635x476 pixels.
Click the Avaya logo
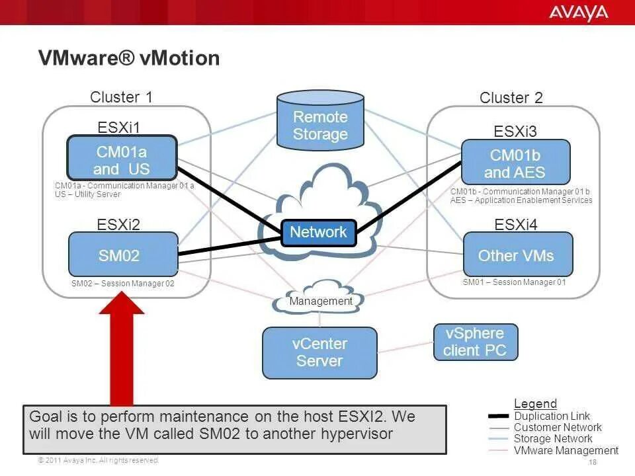[x=577, y=12]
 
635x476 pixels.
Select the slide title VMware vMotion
[x=129, y=58]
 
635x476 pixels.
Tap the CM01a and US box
[x=122, y=159]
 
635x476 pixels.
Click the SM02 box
[x=124, y=255]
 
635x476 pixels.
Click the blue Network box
[x=318, y=232]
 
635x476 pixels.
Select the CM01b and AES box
[x=515, y=163]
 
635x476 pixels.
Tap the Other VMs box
[x=516, y=255]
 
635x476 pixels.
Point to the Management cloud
[x=321, y=301]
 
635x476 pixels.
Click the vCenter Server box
[x=319, y=352]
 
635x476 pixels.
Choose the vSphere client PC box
[x=475, y=342]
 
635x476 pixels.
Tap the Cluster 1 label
[x=122, y=97]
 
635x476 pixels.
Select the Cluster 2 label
[x=511, y=98]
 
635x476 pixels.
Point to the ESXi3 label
[x=516, y=131]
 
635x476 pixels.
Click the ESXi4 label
[x=516, y=225]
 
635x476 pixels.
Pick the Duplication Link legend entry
[x=552, y=416]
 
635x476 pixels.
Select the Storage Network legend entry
[x=553, y=438]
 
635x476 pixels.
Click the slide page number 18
[x=592, y=462]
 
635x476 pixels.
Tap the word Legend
[x=535, y=404]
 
